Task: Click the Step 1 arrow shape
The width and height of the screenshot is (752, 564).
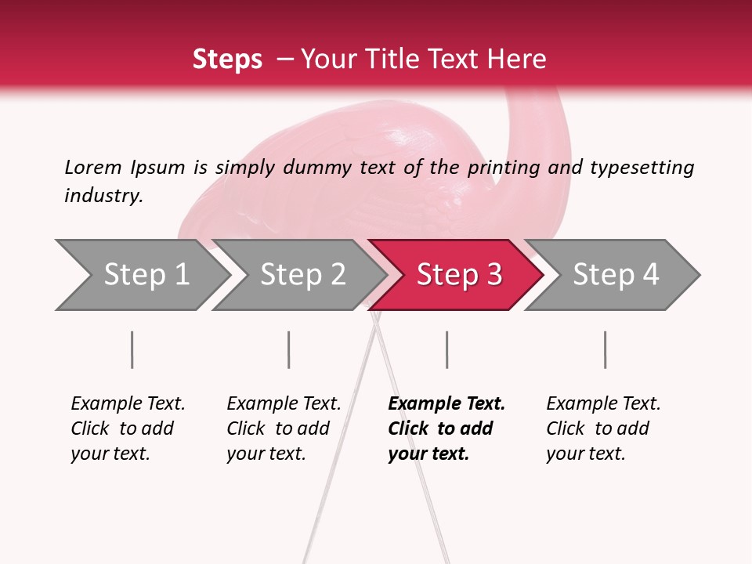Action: pos(145,275)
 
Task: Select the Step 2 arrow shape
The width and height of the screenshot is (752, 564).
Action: pos(302,275)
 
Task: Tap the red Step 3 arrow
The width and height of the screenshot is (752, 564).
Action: pos(458,275)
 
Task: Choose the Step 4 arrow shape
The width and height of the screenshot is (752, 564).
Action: pos(615,275)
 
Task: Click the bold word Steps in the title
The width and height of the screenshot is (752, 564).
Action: pos(227,59)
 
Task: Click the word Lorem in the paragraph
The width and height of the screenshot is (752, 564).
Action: pos(92,167)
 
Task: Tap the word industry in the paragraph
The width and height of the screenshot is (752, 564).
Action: pos(103,196)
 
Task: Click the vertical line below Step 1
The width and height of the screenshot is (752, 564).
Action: pos(132,349)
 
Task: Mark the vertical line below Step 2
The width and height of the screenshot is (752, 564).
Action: pos(288,349)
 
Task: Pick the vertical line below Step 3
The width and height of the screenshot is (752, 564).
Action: pos(446,349)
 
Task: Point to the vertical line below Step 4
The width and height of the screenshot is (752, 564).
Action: pos(605,349)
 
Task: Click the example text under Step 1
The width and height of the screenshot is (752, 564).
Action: pos(128,428)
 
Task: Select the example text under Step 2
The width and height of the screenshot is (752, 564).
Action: pos(284,428)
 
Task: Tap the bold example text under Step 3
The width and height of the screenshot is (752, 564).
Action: pos(446,428)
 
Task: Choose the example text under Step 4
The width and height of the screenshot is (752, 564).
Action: pos(603,428)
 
